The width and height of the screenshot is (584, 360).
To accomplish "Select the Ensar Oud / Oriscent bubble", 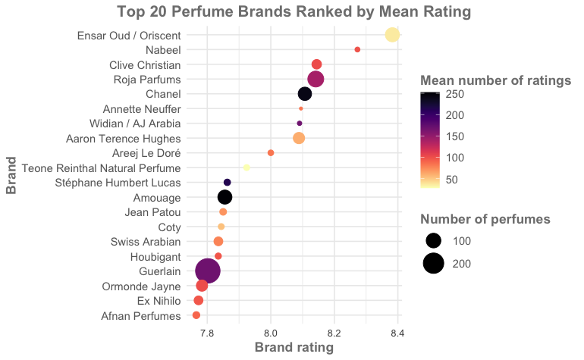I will point(392,35).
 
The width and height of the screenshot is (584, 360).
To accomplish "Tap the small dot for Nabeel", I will point(357,49).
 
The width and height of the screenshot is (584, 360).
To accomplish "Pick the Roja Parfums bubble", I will point(316,79).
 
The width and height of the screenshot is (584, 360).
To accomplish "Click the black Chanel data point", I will point(305,94).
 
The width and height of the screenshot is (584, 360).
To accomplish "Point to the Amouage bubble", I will point(224,197).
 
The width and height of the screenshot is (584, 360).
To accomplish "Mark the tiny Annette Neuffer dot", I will point(301,108).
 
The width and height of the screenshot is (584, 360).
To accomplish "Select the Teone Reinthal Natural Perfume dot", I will point(246,167).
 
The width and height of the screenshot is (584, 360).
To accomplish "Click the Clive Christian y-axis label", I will point(145,64).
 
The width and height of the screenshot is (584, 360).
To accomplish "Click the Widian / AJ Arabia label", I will point(134,124).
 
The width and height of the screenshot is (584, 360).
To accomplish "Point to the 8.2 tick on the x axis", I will point(334,332).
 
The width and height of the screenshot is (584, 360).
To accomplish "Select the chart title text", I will point(294,11).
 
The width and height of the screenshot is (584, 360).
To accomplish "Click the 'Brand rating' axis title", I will point(294,348).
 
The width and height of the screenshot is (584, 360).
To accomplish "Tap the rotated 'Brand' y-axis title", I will point(11,175).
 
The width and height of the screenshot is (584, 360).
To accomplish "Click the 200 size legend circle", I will point(434,263).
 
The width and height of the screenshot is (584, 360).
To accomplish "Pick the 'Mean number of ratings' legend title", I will point(495,80).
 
